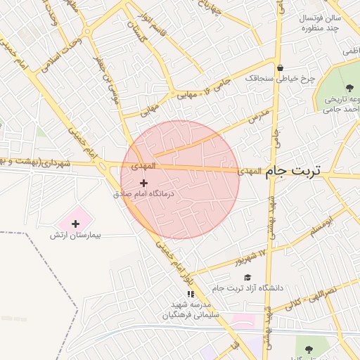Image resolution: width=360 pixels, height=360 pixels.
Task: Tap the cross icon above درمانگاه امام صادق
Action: click(143, 182)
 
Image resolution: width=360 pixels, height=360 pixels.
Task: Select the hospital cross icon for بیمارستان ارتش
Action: click(76, 224)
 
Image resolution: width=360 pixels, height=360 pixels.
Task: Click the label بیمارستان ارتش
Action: click(75, 235)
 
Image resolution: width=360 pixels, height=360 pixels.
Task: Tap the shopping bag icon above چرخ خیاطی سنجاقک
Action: click(280, 68)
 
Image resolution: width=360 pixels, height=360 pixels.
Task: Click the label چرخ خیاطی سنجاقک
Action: click(280, 79)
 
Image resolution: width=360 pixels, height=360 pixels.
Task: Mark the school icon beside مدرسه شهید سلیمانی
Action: click(190, 294)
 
